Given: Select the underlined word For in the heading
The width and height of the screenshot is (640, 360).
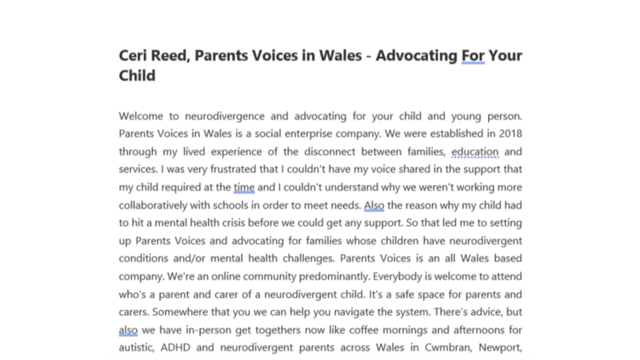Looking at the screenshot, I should [x=474, y=57].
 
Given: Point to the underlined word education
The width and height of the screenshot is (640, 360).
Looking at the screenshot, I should [x=475, y=150].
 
